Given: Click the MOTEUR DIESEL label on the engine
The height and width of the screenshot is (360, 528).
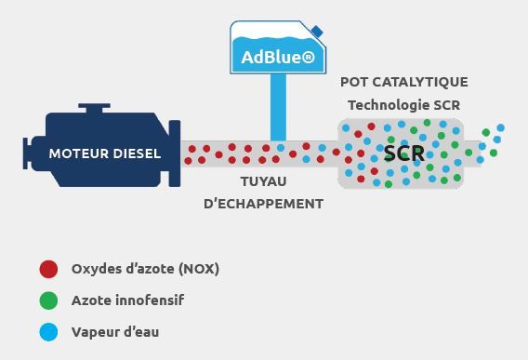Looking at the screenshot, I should click(104, 153).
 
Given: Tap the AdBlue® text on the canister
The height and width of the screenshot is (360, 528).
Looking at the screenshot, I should click(276, 57).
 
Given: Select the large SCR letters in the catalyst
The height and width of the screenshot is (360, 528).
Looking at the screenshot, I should click(403, 153).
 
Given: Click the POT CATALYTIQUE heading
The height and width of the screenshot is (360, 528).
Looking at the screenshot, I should click(403, 83).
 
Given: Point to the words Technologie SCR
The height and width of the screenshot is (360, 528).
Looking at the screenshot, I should click(403, 105).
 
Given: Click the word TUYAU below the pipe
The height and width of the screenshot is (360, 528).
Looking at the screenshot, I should click(263, 181).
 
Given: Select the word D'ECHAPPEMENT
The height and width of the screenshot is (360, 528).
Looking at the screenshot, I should click(263, 203).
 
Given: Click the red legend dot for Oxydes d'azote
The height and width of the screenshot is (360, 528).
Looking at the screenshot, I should click(48, 270).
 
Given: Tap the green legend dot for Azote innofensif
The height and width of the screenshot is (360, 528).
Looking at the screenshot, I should click(48, 300).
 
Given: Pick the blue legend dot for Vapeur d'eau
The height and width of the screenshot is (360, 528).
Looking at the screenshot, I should click(48, 331).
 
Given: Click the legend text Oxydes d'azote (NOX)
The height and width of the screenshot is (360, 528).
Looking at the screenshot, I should click(145, 270).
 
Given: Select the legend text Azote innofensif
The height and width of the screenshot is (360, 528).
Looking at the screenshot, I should click(127, 300).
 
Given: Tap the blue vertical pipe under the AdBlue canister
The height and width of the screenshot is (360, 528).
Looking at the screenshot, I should click(277, 107).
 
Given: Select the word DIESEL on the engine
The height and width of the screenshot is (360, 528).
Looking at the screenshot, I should click(135, 153).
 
